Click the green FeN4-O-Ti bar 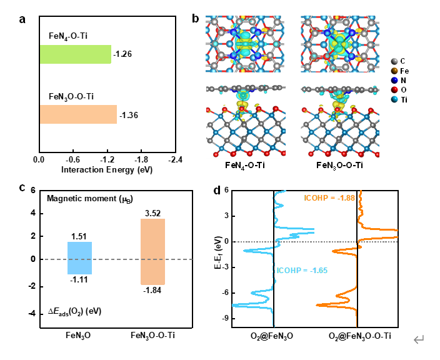click(x=75, y=54)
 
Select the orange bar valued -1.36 click(x=78, y=114)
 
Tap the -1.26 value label click(x=122, y=54)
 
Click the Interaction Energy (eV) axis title click(x=107, y=169)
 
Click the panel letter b click(x=196, y=19)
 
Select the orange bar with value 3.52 click(x=152, y=252)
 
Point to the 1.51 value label click(x=80, y=236)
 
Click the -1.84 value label click(x=152, y=290)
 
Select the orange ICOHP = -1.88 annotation click(x=327, y=199)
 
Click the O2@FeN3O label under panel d click(x=272, y=336)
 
